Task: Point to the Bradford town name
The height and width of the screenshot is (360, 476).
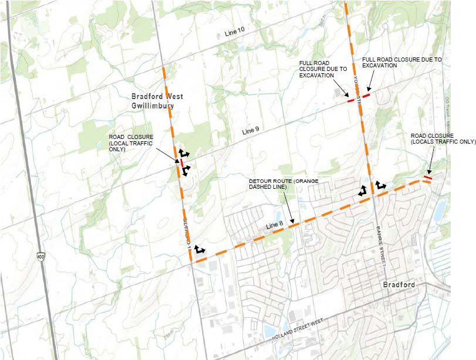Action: pyautogui.click(x=399, y=285)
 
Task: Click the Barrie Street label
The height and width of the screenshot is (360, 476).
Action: pyautogui.click(x=382, y=245)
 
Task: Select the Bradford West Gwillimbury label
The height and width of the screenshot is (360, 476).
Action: pyautogui.click(x=156, y=101)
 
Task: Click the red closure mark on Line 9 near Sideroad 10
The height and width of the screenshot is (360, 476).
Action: pyautogui.click(x=182, y=162)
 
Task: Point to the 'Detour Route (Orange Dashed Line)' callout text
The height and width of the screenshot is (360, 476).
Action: pyautogui.click(x=283, y=184)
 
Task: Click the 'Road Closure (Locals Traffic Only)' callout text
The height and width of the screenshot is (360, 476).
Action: pyautogui.click(x=443, y=138)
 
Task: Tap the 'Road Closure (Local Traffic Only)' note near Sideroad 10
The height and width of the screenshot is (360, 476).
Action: pyautogui.click(x=131, y=143)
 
